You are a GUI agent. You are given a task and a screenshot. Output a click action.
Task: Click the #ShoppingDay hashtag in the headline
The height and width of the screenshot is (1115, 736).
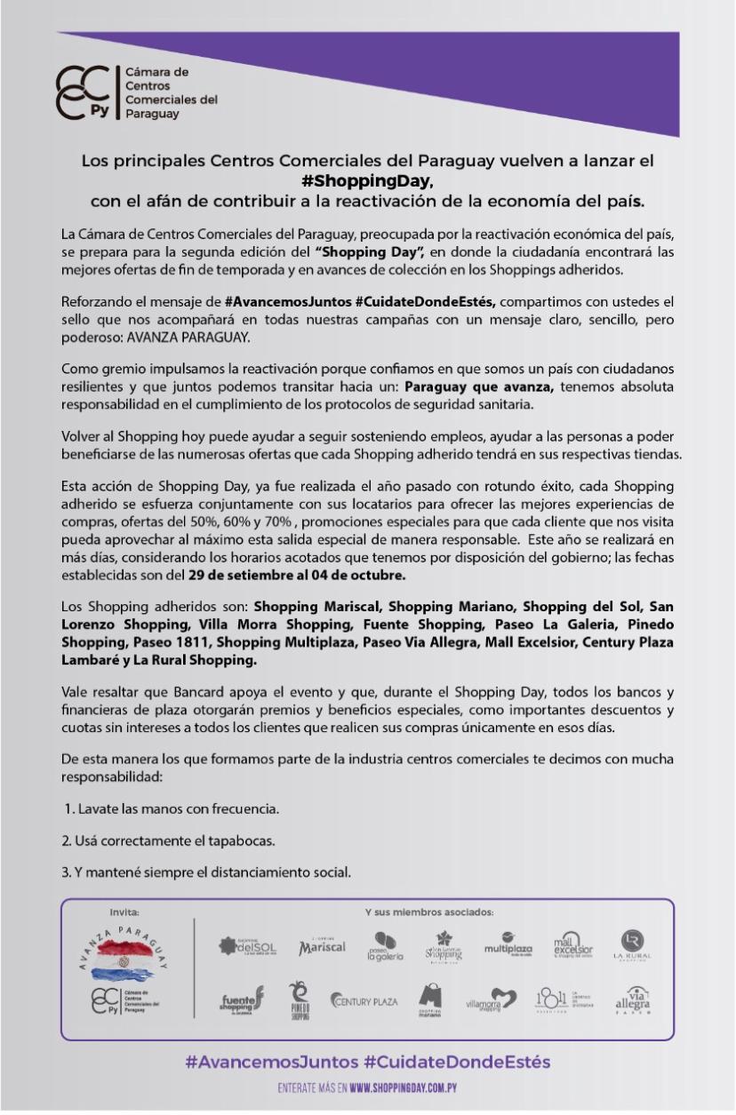(366, 180)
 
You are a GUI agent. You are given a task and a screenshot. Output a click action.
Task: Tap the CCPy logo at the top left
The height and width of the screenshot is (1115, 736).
(84, 92)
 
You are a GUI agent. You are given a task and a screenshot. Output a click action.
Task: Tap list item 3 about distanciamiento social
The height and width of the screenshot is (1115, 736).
(206, 872)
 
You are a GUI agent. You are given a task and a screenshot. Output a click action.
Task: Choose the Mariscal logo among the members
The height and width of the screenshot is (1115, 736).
(322, 948)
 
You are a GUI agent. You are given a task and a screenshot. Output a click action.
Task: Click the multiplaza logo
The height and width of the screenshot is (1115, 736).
(508, 946)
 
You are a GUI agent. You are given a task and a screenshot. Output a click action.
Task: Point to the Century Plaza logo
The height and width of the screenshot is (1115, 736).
(365, 1001)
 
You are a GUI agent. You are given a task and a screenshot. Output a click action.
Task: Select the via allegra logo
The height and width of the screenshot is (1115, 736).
(633, 1000)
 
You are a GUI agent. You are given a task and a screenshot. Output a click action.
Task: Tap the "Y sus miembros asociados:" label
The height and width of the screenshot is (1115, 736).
(428, 912)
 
